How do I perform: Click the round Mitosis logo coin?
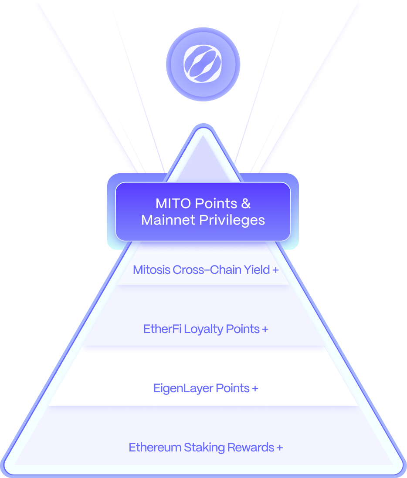pyautogui.click(x=203, y=64)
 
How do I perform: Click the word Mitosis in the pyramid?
pyautogui.click(x=152, y=270)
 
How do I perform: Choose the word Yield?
pyautogui.click(x=256, y=270)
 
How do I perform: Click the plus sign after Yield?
pyautogui.click(x=275, y=270)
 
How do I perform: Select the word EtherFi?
pyautogui.click(x=163, y=329)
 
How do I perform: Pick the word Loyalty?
pyautogui.click(x=203, y=329)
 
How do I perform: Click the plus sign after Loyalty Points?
pyautogui.click(x=265, y=329)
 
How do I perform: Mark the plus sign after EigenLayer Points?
pyautogui.click(x=255, y=388)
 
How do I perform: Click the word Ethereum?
pyautogui.click(x=155, y=448)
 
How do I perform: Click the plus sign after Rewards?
pyautogui.click(x=279, y=448)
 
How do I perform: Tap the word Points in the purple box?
pyautogui.click(x=217, y=203)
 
